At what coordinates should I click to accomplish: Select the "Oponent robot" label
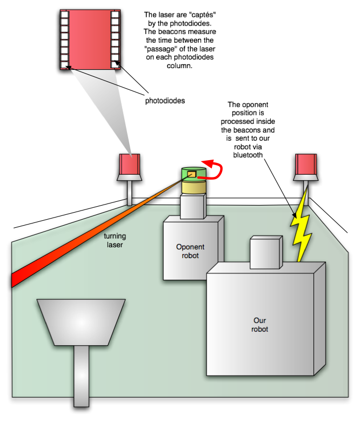pos(191,251)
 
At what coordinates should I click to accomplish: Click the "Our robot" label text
pos(260,324)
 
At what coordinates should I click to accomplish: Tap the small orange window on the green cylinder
pos(191,174)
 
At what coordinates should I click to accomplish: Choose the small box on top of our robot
pos(265,252)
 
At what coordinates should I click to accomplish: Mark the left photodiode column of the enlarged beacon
pos(65,40)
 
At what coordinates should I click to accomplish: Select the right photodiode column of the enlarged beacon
pos(115,40)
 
